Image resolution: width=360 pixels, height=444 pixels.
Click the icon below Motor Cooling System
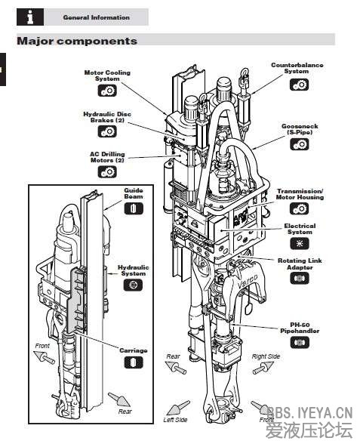(107, 91)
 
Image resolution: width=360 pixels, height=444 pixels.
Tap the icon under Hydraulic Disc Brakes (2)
(107, 131)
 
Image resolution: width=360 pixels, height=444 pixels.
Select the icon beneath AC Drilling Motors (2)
(107, 171)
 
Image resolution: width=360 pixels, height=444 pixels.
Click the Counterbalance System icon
(299, 85)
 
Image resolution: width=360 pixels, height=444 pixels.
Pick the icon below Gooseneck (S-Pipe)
(299, 144)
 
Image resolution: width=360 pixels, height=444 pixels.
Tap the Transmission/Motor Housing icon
(299, 208)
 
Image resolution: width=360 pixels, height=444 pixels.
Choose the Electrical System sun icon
(300, 243)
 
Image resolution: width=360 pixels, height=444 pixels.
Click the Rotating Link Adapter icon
(300, 279)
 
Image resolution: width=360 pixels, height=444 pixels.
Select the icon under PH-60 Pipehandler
(300, 342)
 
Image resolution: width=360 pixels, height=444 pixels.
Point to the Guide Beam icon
(134, 208)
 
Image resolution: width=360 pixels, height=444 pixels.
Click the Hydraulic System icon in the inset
(133, 285)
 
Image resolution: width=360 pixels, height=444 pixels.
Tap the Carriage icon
(134, 362)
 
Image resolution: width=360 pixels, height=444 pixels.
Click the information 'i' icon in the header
(30, 17)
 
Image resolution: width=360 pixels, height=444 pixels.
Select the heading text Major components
(77, 41)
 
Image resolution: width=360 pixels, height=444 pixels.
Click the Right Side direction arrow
(263, 368)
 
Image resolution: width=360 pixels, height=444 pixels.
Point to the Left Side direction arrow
(178, 408)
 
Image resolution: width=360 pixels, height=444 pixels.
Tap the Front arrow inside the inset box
(44, 356)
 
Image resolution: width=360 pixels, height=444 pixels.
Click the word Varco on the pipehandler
(247, 281)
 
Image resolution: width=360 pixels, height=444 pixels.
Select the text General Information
(97, 17)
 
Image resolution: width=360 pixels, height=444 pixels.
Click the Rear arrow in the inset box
(119, 399)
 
